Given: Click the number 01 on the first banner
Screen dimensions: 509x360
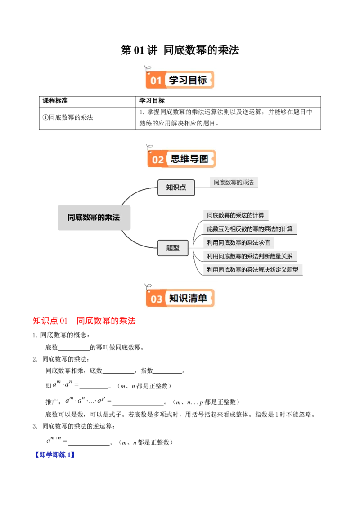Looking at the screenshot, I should pyautogui.click(x=156, y=81).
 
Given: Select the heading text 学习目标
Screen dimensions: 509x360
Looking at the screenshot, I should pyautogui.click(x=188, y=80).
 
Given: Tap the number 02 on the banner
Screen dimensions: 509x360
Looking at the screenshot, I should pyautogui.click(x=157, y=160).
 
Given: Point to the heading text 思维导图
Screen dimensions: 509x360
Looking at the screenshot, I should pyautogui.click(x=189, y=159).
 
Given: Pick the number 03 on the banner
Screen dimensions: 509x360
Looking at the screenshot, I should pyautogui.click(x=156, y=299).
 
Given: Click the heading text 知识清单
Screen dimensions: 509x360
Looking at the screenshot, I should pyautogui.click(x=188, y=298).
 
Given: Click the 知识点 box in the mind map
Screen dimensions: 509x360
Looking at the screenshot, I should pyautogui.click(x=176, y=188).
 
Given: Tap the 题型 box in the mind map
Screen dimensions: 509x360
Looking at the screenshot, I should pyautogui.click(x=173, y=248).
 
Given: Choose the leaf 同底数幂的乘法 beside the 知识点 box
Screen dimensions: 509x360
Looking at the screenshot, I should pyautogui.click(x=234, y=183).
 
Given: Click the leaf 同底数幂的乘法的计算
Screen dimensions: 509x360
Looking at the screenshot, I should pyautogui.click(x=235, y=215).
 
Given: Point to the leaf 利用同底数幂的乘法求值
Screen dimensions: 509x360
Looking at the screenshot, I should pyautogui.click(x=238, y=243).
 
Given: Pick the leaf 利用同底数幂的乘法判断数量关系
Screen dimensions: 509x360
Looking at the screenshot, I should pyautogui.click(x=249, y=256).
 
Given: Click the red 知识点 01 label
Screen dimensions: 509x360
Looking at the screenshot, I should pyautogui.click(x=49, y=321).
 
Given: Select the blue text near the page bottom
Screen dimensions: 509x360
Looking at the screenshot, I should pyautogui.click(x=54, y=455).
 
